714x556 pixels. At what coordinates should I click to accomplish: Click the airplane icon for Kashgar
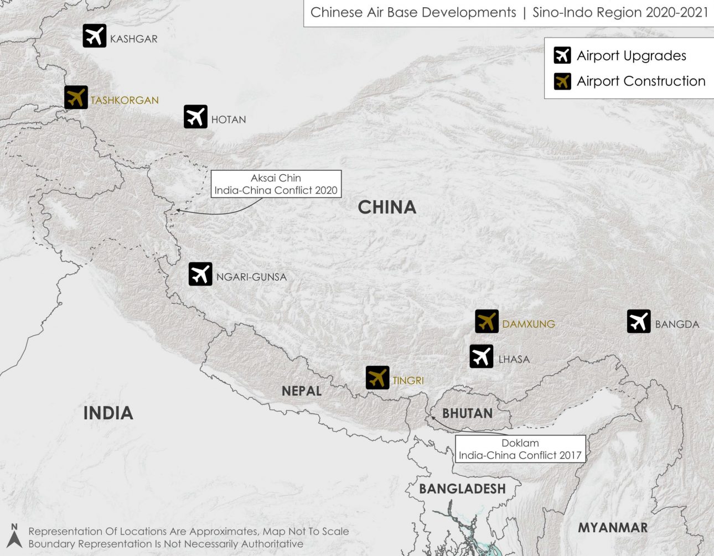[x=95, y=36]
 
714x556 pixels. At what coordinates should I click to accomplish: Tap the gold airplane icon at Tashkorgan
[x=76, y=97]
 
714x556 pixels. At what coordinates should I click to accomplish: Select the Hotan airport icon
[x=195, y=117]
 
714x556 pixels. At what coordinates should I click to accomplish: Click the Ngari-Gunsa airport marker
[x=200, y=274]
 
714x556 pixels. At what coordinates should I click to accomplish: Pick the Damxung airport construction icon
[x=487, y=321]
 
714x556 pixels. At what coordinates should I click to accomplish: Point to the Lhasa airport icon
[x=482, y=356]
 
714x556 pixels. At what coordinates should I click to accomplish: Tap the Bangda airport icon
[x=639, y=321]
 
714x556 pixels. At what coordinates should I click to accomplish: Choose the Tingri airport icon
[x=377, y=378]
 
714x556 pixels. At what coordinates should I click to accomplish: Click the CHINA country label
[x=387, y=207]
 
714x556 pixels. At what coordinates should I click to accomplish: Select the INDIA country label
[x=108, y=413]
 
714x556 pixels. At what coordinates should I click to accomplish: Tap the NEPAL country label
[x=302, y=391]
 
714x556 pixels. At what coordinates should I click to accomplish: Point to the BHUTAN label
[x=467, y=413]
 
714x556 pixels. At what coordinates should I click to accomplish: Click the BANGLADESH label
[x=462, y=489]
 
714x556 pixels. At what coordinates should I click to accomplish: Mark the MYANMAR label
[x=613, y=528]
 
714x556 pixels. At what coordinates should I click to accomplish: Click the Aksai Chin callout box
[x=276, y=184]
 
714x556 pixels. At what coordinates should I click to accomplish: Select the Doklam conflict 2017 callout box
[x=520, y=449]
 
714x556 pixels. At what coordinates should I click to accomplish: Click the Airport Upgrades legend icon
[x=562, y=55]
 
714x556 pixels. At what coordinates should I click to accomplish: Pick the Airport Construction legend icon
[x=562, y=81]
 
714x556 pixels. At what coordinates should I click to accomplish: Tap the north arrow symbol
[x=14, y=537]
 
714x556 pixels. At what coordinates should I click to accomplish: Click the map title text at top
[x=509, y=13]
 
